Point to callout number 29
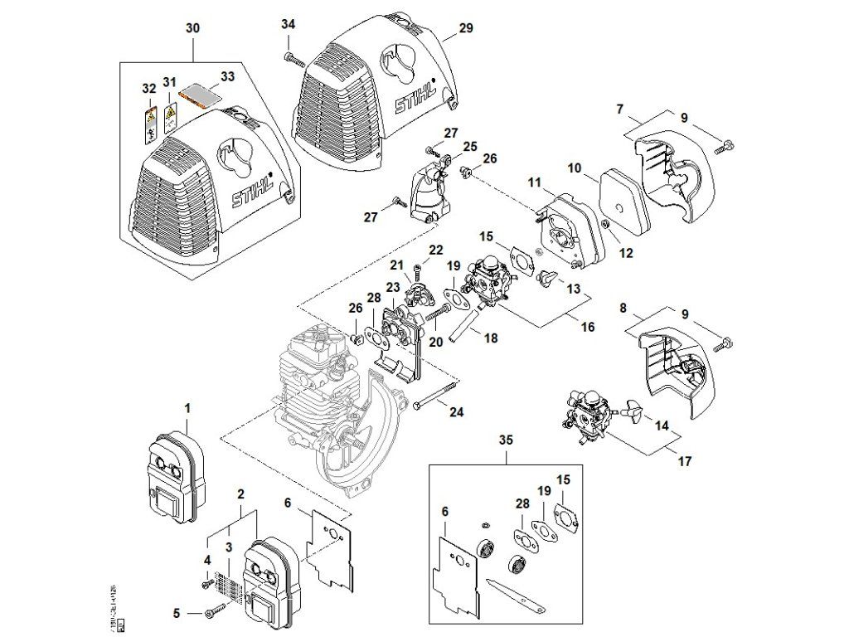click(466, 29)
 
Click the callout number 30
click(192, 29)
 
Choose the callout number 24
click(457, 411)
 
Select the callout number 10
click(574, 168)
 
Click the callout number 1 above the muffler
click(187, 408)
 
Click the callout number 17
click(685, 460)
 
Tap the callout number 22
click(436, 250)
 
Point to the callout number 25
click(471, 147)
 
